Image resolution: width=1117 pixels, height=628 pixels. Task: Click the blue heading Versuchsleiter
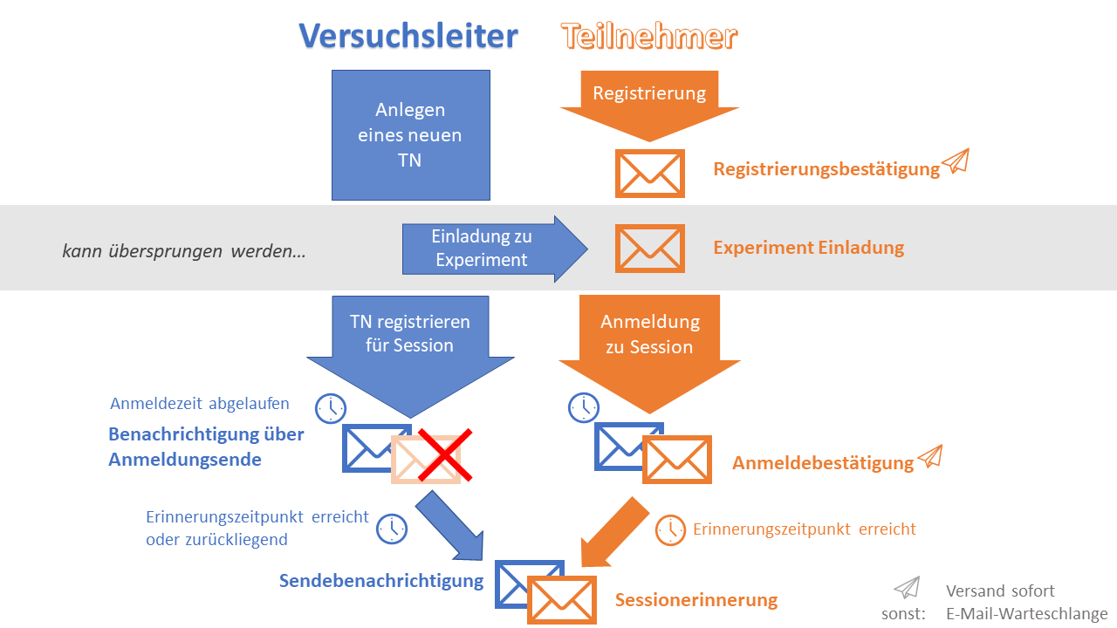click(x=408, y=36)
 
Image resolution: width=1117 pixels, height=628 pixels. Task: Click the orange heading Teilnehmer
click(x=649, y=37)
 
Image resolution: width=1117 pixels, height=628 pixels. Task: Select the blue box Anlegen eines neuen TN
click(x=410, y=135)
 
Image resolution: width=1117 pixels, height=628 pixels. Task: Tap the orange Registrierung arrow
click(x=649, y=100)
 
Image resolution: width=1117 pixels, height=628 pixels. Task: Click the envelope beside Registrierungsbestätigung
click(x=649, y=173)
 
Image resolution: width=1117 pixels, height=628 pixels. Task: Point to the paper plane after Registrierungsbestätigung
click(x=956, y=161)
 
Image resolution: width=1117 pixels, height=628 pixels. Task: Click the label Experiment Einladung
click(x=808, y=248)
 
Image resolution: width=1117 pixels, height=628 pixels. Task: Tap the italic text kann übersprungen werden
click(x=184, y=252)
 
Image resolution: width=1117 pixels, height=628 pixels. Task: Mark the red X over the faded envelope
click(x=444, y=454)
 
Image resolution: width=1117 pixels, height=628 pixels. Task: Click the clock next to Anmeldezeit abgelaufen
click(x=331, y=407)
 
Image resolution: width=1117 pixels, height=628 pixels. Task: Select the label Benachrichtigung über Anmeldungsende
click(x=205, y=447)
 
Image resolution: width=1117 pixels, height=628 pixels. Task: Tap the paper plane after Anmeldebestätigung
click(x=930, y=456)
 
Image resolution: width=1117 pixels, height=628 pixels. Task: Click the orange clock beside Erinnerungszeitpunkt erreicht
click(x=670, y=529)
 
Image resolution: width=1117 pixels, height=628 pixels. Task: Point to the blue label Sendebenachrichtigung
click(x=381, y=581)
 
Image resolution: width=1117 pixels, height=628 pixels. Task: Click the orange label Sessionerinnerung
click(x=696, y=600)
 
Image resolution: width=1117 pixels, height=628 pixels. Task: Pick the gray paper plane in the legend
click(x=907, y=587)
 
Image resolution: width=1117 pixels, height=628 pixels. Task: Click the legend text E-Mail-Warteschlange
click(x=1026, y=614)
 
